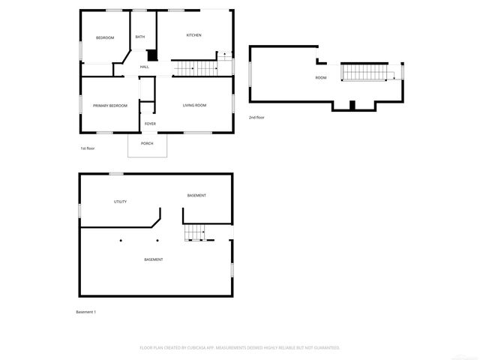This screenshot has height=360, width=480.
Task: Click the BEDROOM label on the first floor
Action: [x=105, y=37]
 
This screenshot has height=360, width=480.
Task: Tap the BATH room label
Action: [x=140, y=37]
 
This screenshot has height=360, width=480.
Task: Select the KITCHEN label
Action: [x=193, y=35]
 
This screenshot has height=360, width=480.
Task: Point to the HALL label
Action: [x=144, y=67]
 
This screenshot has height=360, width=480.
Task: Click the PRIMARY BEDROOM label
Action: [x=110, y=106]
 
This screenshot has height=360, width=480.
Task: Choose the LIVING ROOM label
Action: [x=194, y=105]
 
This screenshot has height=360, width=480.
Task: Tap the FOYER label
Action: [x=150, y=124]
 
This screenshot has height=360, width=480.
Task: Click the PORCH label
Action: [x=147, y=143]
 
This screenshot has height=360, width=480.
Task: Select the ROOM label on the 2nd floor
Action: [x=321, y=78]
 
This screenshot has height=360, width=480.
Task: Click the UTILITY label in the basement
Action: [x=120, y=202]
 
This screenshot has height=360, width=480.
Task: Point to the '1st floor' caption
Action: [x=88, y=148]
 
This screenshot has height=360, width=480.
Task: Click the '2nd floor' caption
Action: [x=256, y=118]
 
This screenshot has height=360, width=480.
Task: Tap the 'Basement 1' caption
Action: [x=86, y=312]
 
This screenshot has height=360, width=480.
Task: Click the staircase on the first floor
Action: [x=196, y=69]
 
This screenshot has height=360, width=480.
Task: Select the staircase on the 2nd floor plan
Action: [x=367, y=73]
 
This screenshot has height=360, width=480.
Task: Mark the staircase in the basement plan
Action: [x=195, y=233]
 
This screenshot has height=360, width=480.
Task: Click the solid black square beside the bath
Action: [x=152, y=55]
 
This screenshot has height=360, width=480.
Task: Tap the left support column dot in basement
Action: [x=120, y=241]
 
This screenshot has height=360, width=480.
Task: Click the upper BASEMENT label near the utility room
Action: [x=196, y=196]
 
